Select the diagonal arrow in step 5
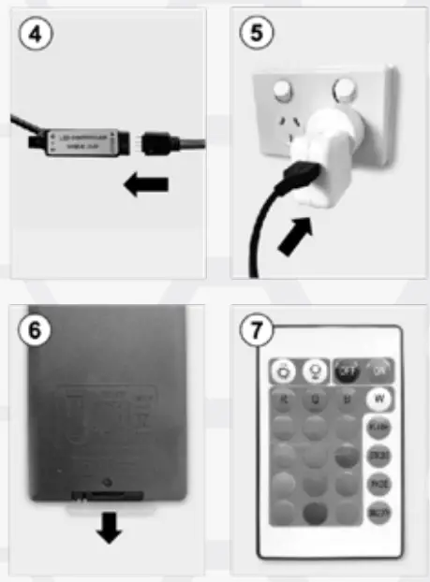[x=298, y=240]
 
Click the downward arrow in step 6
[x=110, y=530]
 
